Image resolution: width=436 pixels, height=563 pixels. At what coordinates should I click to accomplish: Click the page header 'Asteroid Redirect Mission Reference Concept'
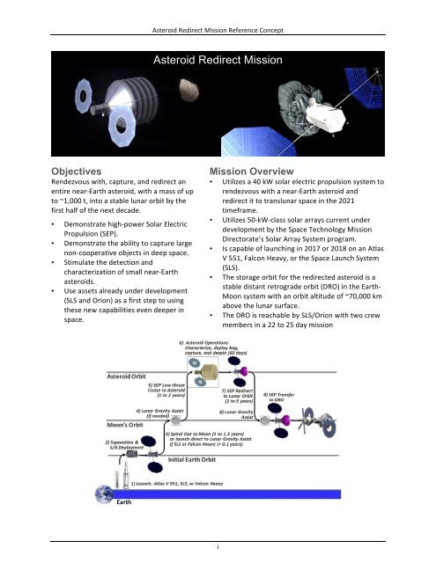tap(218, 9)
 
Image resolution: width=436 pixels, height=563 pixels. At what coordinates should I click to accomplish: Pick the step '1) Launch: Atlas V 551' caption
tap(185, 509)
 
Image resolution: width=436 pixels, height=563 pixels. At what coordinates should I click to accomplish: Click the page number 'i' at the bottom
tap(218, 545)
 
